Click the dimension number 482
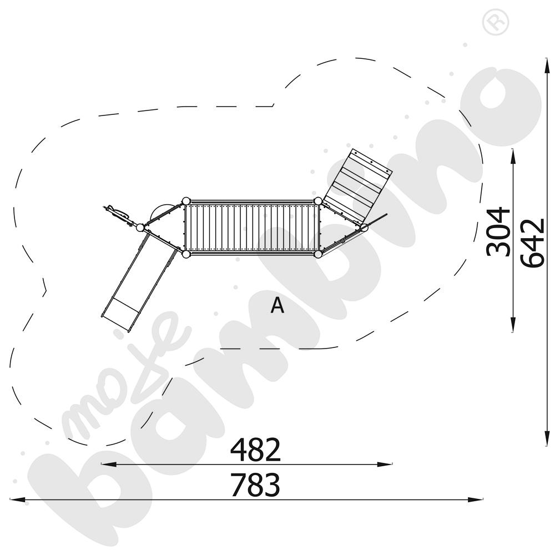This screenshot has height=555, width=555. pyautogui.click(x=255, y=450)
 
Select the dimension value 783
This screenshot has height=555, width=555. pyautogui.click(x=255, y=485)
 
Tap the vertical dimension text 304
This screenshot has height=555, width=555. pyautogui.click(x=498, y=231)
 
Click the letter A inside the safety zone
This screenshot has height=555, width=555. pyautogui.click(x=277, y=305)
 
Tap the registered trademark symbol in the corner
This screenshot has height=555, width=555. pyautogui.click(x=496, y=22)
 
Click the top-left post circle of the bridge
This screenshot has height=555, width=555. pyautogui.click(x=186, y=201)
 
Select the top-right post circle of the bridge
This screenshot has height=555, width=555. pyautogui.click(x=318, y=201)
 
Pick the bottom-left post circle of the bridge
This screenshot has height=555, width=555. pyautogui.click(x=186, y=254)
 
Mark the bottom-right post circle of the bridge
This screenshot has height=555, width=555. pyautogui.click(x=318, y=254)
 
